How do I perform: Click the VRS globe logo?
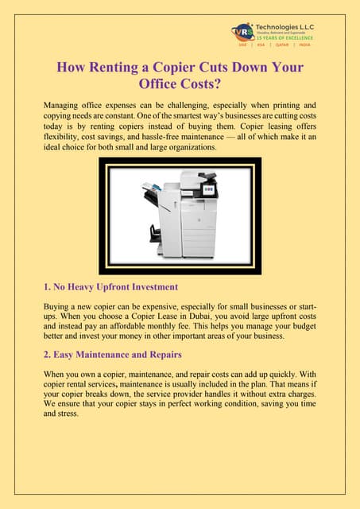pyautogui.click(x=242, y=31)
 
